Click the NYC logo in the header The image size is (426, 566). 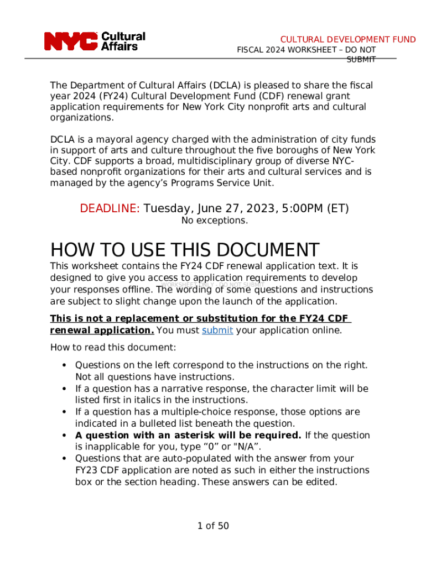(70, 41)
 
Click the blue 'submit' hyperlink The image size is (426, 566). (217, 331)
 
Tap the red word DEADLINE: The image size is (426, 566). (110, 208)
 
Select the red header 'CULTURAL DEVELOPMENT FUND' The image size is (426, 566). (348, 39)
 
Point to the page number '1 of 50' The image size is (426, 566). (213, 526)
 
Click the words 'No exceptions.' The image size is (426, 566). (215, 221)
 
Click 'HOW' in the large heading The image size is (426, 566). (72, 250)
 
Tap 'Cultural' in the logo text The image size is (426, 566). (123, 36)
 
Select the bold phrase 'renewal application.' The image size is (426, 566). (102, 331)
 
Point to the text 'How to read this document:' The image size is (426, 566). (113, 348)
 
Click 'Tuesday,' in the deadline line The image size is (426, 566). (167, 208)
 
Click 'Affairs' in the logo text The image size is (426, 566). (120, 46)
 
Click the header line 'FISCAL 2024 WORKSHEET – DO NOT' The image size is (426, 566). (306, 50)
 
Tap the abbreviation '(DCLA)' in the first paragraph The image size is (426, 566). (227, 86)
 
